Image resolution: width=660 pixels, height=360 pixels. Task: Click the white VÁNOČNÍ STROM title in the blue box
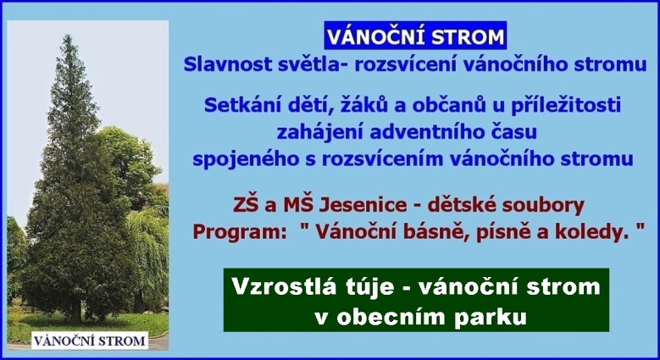pos(415,36)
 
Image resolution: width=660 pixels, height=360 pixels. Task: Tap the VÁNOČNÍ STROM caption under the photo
pos(90,341)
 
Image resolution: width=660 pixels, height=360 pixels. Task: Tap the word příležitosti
pos(566,106)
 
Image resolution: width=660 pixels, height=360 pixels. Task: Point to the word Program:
pos(240,232)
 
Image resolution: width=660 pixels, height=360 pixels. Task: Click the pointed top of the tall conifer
pos(67,36)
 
